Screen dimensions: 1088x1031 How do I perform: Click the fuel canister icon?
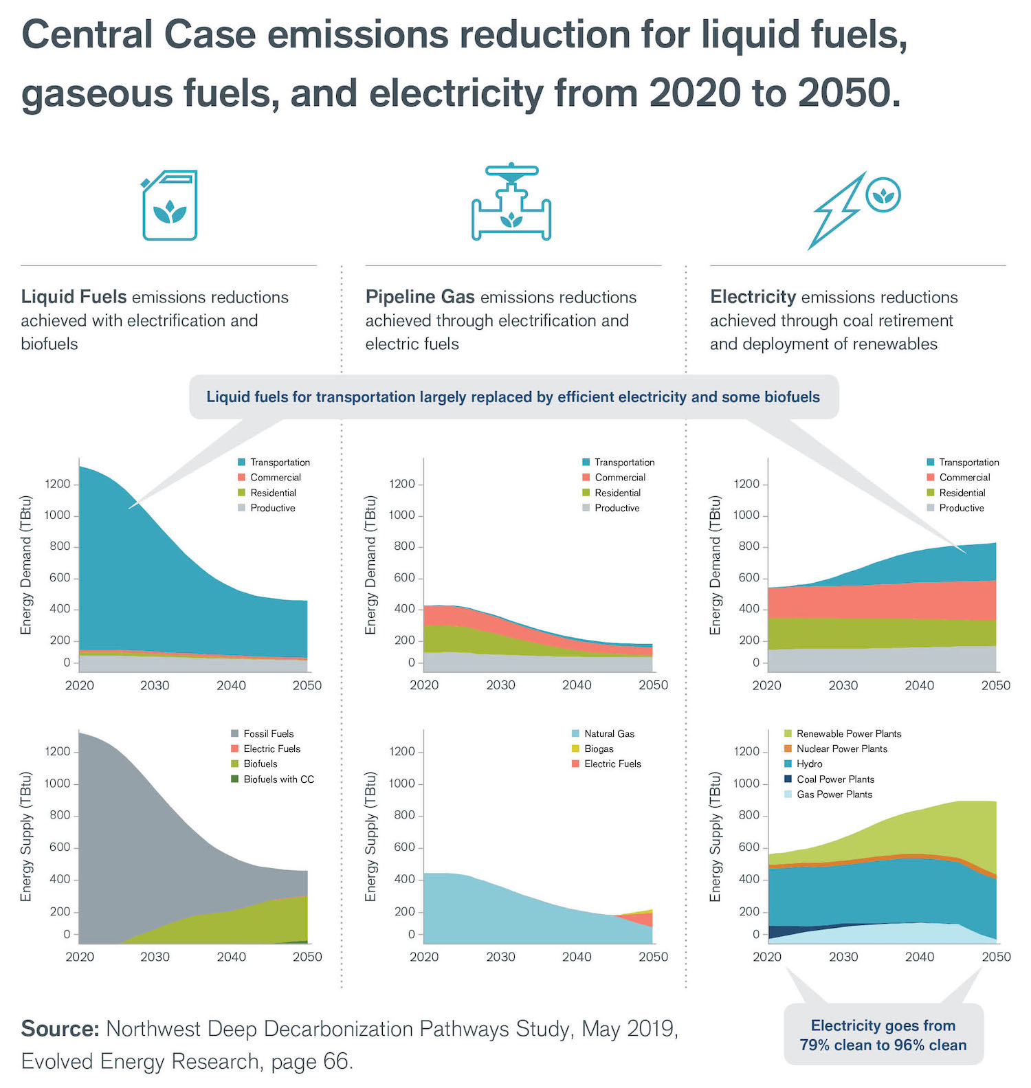pyautogui.click(x=170, y=206)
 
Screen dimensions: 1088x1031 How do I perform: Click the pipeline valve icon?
pyautogui.click(x=511, y=203)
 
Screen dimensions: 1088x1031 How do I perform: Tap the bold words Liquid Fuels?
pyautogui.click(x=74, y=297)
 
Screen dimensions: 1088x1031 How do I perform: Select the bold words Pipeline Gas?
pyautogui.click(x=420, y=297)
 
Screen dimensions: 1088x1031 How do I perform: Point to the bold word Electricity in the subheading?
pyautogui.click(x=753, y=297)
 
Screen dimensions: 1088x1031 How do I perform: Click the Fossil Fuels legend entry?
pyautogui.click(x=267, y=733)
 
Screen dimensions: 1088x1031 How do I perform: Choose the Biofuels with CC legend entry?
pyautogui.click(x=278, y=779)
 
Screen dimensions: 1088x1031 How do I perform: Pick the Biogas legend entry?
pyautogui.click(x=598, y=748)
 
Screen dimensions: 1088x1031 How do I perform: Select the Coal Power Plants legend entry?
pyautogui.click(x=834, y=779)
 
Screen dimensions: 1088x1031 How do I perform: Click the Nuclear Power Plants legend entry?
pyautogui.click(x=841, y=748)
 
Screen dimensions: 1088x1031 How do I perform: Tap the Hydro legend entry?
pyautogui.click(x=808, y=764)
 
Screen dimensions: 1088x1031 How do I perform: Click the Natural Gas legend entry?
pyautogui.click(x=608, y=733)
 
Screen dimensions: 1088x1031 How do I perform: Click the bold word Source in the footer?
pyautogui.click(x=60, y=1029)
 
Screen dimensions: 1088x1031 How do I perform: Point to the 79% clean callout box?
pyautogui.click(x=883, y=1035)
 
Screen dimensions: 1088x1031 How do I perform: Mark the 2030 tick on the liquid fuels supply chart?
pyautogui.click(x=155, y=957)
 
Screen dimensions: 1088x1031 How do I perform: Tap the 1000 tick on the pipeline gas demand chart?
pyautogui.click(x=402, y=515)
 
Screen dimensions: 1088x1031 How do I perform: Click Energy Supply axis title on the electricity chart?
pyautogui.click(x=715, y=836)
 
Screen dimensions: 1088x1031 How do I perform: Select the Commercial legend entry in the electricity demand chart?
pyautogui.click(x=964, y=477)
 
